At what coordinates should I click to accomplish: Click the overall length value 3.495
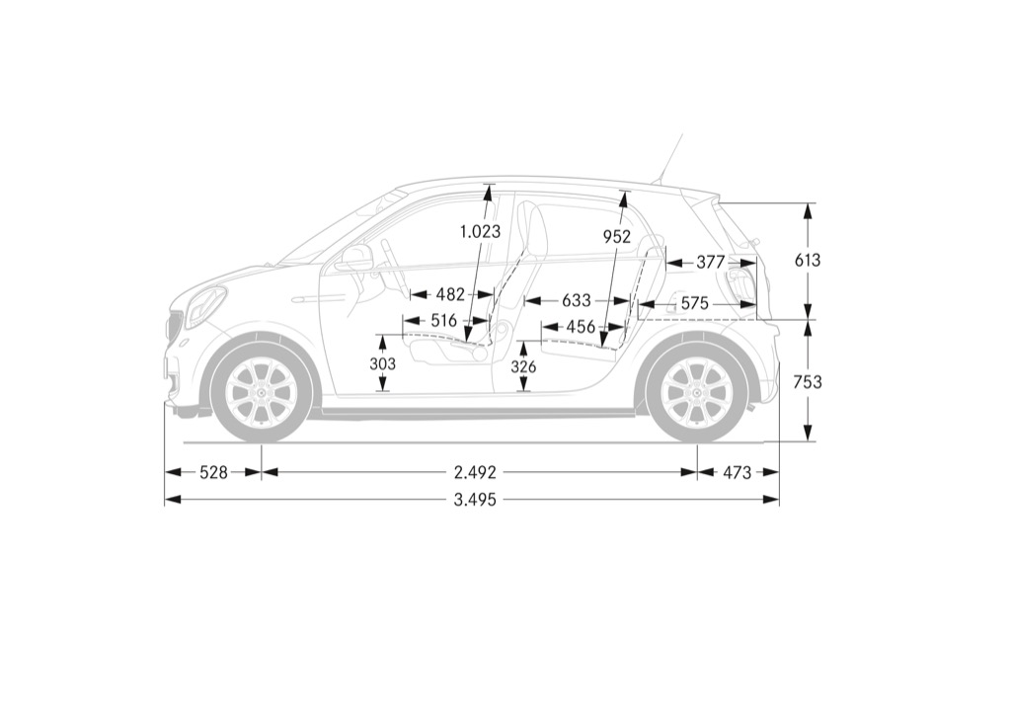point(475,500)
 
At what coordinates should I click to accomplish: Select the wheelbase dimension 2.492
point(475,473)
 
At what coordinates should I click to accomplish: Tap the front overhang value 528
point(213,473)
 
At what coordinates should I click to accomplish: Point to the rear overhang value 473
point(737,473)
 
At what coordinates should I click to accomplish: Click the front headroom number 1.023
point(481,231)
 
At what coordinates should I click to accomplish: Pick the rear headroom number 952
point(617,237)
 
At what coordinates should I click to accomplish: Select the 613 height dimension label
point(808,261)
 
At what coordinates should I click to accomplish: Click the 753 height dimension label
point(808,383)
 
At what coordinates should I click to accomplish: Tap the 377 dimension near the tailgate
point(711,263)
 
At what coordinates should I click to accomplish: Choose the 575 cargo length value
point(694,303)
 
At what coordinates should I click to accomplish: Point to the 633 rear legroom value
point(577,301)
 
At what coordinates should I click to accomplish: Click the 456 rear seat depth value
point(581,327)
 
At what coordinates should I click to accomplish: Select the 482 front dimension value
point(450,295)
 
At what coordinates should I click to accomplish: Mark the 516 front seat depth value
point(443,321)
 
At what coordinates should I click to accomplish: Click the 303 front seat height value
point(383,364)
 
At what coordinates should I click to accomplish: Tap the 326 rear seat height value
point(523,367)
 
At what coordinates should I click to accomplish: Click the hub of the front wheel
point(261,393)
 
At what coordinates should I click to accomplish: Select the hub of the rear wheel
point(698,393)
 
